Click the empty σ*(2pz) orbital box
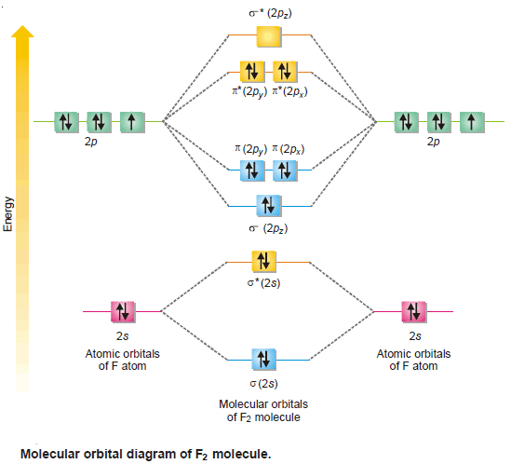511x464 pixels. pos(269,36)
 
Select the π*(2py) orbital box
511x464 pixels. pos(252,72)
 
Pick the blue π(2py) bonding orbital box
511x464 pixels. pos(252,171)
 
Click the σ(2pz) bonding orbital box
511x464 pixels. pos(269,206)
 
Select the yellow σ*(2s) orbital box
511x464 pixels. pos(264,262)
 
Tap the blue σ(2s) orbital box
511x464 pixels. pos(264,360)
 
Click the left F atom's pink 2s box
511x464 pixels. pos(123,312)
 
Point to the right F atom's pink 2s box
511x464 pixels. pos(414,312)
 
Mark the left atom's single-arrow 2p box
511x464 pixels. pos(132,122)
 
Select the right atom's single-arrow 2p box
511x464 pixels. pos(472,122)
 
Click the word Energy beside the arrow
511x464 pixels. pos(7,214)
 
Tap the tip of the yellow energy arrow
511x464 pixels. pos(22,25)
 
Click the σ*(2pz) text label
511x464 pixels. pos(270,14)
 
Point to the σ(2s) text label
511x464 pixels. pos(264,384)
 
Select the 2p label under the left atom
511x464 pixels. pos(91,142)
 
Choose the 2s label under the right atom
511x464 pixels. pos(415,336)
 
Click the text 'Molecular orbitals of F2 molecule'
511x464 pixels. pos(263,411)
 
